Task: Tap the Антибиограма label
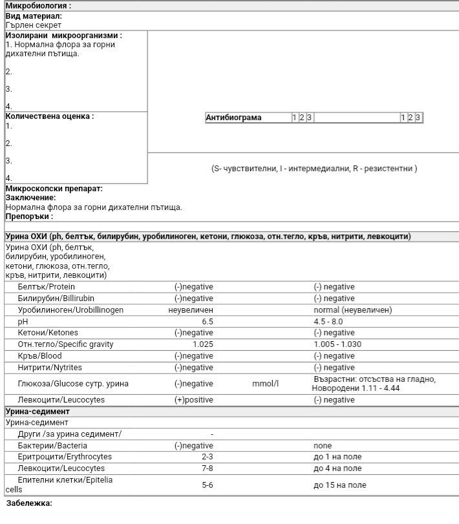233,118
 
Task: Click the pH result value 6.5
207,321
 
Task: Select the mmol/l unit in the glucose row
265,384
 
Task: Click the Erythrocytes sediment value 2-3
207,457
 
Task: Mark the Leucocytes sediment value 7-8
207,468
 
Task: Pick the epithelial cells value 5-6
207,485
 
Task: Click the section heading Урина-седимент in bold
37,412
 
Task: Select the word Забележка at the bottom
29,503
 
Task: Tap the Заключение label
30,198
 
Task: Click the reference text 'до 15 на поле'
337,485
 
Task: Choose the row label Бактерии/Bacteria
52,446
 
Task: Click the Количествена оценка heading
50,116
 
